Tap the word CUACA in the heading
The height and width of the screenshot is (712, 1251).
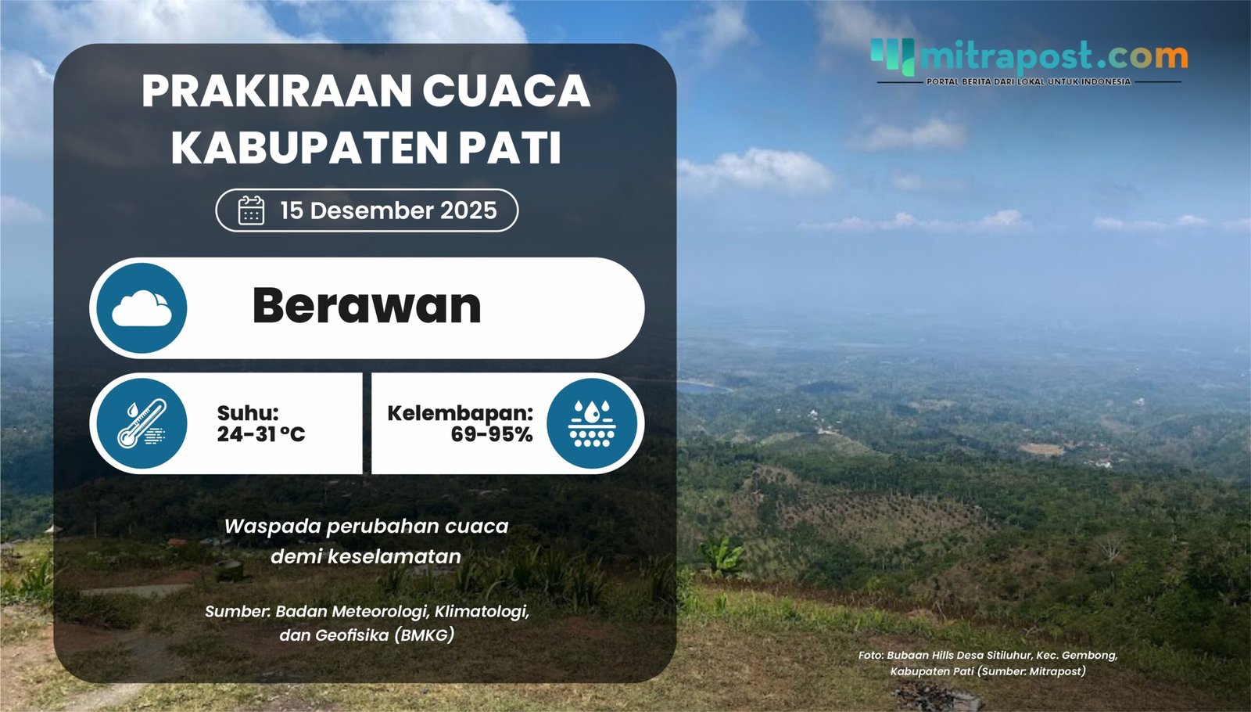point(506,92)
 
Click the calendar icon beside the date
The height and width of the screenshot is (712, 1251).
point(251,210)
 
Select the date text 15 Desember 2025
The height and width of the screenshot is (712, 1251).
point(388,210)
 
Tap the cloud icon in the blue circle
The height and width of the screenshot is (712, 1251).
point(142,308)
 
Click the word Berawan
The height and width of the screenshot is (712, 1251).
point(366,306)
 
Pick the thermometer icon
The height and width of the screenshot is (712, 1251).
point(142,424)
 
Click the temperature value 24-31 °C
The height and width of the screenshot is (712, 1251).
point(260,434)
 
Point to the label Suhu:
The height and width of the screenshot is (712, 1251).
point(247,413)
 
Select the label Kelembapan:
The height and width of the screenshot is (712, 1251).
point(460,413)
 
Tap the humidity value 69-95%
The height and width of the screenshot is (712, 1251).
point(491,434)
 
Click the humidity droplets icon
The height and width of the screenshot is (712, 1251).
point(592,424)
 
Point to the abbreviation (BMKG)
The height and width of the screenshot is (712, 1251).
point(425,635)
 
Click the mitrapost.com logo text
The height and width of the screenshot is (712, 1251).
point(1053,56)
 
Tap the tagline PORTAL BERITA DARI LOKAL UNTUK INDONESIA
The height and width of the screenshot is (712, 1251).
point(1028,81)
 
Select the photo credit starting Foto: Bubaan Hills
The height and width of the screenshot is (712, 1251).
point(988,663)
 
